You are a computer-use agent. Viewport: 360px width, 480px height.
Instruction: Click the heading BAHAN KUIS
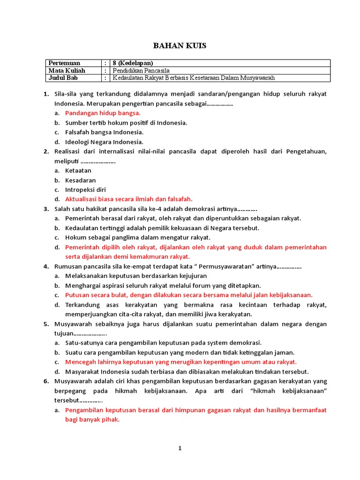[x=180, y=45]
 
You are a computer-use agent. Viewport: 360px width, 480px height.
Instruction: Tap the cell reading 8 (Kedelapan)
[x=133, y=63]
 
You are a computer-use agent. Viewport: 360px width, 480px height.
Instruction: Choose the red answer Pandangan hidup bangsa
[x=103, y=113]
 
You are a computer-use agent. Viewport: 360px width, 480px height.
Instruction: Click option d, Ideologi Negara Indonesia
[x=104, y=142]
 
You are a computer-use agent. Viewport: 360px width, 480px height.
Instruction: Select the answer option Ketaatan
[x=78, y=171]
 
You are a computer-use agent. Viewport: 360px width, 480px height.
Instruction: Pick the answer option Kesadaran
[x=80, y=180]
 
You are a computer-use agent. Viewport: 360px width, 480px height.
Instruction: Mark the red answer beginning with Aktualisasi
[x=128, y=199]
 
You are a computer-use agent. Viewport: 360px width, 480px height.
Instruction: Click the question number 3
[x=46, y=209]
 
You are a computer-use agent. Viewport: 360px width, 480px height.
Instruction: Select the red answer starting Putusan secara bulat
[x=188, y=295]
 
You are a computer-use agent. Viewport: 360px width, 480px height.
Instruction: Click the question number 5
[x=46, y=324]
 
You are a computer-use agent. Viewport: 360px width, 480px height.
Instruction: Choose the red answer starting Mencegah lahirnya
[x=181, y=362]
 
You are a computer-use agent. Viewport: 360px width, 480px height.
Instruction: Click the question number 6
[x=46, y=381]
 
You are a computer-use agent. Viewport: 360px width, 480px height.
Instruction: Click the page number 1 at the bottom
[x=180, y=449]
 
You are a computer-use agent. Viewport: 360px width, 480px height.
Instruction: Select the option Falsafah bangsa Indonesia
[x=104, y=132]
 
